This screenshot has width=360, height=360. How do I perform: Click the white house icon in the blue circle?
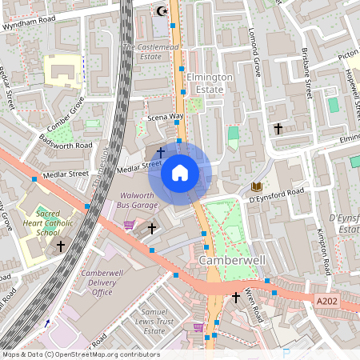180,172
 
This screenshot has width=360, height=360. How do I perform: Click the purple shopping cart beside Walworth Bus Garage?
129,225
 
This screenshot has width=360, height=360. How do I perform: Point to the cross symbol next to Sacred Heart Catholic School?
61,246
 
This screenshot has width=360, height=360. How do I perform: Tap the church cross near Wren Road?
235,298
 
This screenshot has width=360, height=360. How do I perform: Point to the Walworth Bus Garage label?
142,201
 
